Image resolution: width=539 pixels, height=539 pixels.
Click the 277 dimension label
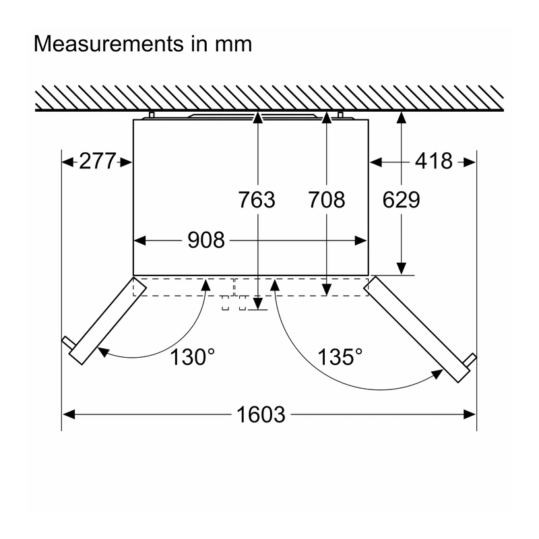pyautogui.click(x=97, y=161)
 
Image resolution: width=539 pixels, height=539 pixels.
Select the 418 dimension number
pyautogui.click(x=433, y=161)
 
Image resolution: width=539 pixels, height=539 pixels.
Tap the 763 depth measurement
pyautogui.click(x=257, y=199)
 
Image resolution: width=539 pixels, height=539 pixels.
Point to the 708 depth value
pyautogui.click(x=326, y=199)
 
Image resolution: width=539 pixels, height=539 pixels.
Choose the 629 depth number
pyautogui.click(x=401, y=199)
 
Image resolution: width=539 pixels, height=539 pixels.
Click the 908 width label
pyautogui.click(x=206, y=240)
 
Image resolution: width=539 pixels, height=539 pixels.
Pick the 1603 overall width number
pyautogui.click(x=261, y=414)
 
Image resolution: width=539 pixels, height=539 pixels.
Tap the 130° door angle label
pyautogui.click(x=193, y=357)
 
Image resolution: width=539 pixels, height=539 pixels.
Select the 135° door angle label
pyautogui.click(x=340, y=357)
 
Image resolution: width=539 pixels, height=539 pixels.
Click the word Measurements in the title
pyautogui.click(x=109, y=44)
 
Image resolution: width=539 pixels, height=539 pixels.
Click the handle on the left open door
pyautogui.click(x=68, y=343)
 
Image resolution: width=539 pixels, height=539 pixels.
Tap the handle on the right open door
pyautogui.click(x=470, y=360)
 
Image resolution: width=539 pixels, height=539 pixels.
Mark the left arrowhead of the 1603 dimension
pyautogui.click(x=69, y=414)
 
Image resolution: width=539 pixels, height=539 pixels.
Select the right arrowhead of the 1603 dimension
pyautogui.click(x=470, y=414)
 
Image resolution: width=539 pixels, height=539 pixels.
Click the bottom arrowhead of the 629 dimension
pyautogui.click(x=401, y=269)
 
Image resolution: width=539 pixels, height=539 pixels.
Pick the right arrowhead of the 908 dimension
pyautogui.click(x=360, y=241)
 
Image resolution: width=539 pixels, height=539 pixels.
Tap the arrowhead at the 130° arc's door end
pyautogui.click(x=103, y=352)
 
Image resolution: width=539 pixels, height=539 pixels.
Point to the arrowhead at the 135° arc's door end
pyautogui.click(x=437, y=374)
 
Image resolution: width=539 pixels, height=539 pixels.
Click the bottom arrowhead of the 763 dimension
pyautogui.click(x=258, y=304)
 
